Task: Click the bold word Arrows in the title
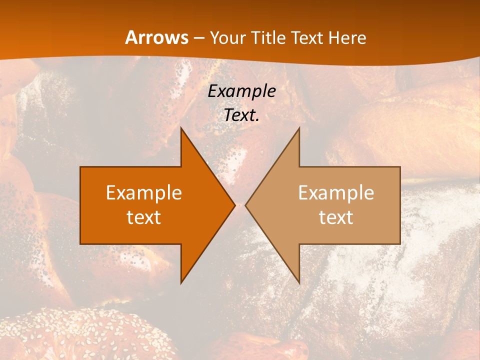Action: tap(157, 37)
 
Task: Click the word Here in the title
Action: tap(348, 38)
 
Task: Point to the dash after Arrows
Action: tap(198, 38)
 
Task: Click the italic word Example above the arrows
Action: tap(242, 91)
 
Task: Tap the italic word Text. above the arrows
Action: tap(240, 115)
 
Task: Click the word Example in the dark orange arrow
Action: tap(144, 192)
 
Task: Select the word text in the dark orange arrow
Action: tap(144, 217)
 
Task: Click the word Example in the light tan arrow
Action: tap(336, 192)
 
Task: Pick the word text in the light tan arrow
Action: tap(336, 217)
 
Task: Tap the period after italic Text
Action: tap(257, 120)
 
